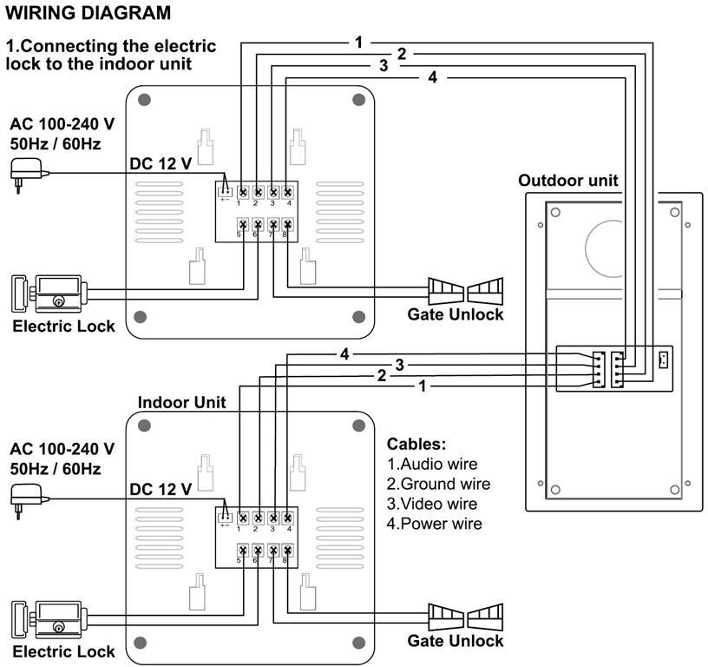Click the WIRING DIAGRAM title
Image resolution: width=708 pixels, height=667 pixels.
[x=88, y=14]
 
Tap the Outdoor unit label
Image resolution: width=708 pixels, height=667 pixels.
[x=568, y=181]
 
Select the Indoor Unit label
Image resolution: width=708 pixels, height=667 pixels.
[x=181, y=402]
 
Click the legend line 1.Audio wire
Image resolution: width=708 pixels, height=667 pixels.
[x=432, y=464]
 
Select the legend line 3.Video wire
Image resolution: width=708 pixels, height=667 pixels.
[x=432, y=504]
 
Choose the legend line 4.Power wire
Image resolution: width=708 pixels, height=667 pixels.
[x=434, y=524]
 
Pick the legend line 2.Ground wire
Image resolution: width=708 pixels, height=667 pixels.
[x=438, y=484]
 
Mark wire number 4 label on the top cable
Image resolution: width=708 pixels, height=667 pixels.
[x=432, y=78]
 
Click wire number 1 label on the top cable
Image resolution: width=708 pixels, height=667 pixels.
[x=358, y=42]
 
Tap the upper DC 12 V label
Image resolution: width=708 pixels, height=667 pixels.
[x=161, y=163]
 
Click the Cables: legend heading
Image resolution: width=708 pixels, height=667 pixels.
[x=416, y=444]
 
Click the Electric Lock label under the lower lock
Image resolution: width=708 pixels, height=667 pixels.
[x=63, y=651]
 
